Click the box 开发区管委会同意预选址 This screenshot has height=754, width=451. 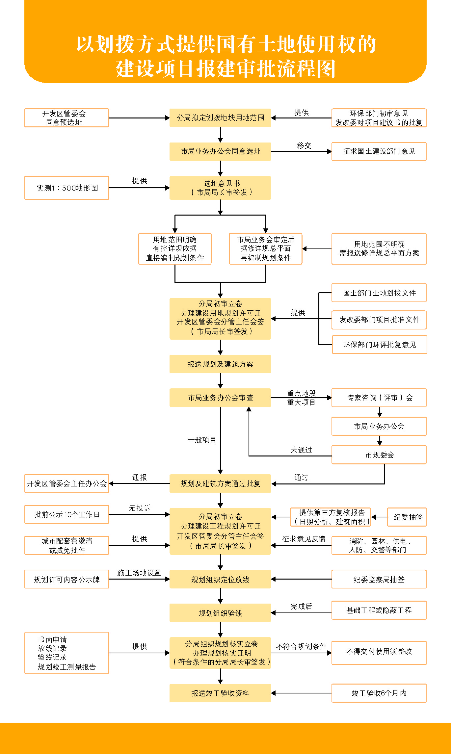pos(66,118)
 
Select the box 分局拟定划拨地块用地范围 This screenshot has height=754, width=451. pos(220,118)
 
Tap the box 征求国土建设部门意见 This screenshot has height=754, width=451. pos(379,151)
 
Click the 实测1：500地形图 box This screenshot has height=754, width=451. pos(66,188)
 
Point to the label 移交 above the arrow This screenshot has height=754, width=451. pos(304,145)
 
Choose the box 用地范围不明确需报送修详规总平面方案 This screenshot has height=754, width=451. pos(379,249)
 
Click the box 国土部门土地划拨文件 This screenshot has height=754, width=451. pos(379,293)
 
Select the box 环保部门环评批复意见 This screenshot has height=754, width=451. pos(380,345)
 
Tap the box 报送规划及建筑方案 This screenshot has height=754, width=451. pos(220,364)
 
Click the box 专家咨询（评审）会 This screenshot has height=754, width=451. pos(379,398)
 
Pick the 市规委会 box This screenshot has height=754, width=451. pos(379,455)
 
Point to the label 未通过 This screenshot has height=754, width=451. pos(301,450)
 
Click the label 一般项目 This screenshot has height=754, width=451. pos(202,440)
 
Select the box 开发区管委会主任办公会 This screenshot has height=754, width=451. pos(66,483)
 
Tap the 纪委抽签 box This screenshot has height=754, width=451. pos(407,517)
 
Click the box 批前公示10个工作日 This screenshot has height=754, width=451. pos(66,514)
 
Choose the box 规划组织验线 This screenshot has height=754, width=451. pos(220,613)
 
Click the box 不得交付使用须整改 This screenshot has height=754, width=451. pos(379,653)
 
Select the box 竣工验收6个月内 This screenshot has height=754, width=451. pos(379,693)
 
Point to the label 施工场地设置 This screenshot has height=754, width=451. pos(139,573)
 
